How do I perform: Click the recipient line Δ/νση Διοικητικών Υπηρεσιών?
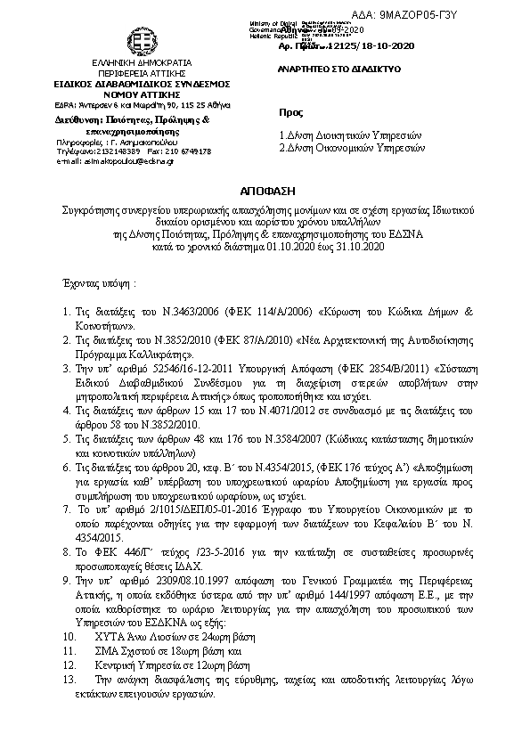[349, 135]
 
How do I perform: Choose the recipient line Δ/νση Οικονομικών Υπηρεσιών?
[349, 148]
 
